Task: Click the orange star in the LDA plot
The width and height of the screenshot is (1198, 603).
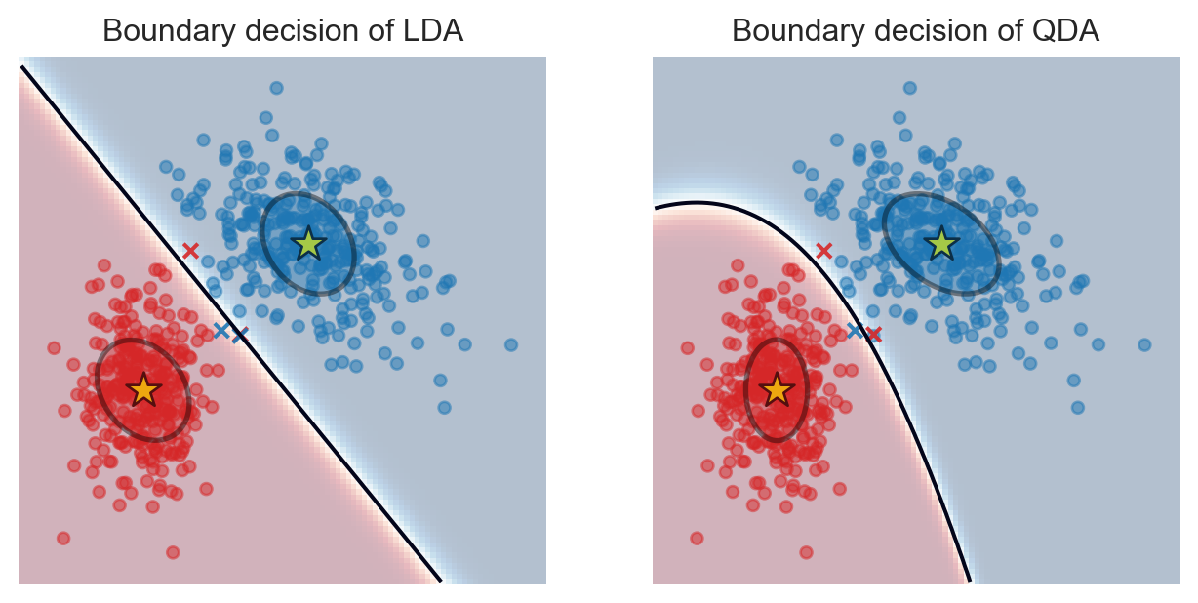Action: point(143,389)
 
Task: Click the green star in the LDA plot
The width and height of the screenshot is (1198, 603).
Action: point(308,243)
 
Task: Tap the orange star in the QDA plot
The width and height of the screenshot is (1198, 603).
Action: point(777,389)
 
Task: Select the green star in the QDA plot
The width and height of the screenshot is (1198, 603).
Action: point(941,243)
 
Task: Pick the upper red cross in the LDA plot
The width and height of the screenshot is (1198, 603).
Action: point(190,251)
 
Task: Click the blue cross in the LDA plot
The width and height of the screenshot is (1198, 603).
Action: point(221,330)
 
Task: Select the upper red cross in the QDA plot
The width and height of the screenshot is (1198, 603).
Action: point(823,251)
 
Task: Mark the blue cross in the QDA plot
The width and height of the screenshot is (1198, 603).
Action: point(855,330)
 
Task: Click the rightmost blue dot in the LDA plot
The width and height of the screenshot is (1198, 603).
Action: point(510,344)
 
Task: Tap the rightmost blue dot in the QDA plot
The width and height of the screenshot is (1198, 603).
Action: point(1144,344)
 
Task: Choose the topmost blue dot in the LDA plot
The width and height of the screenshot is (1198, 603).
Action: point(276,88)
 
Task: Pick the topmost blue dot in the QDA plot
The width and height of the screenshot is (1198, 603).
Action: point(909,88)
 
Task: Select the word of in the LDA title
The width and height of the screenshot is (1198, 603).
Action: point(380,31)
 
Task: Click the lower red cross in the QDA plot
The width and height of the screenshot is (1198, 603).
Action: point(874,335)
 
